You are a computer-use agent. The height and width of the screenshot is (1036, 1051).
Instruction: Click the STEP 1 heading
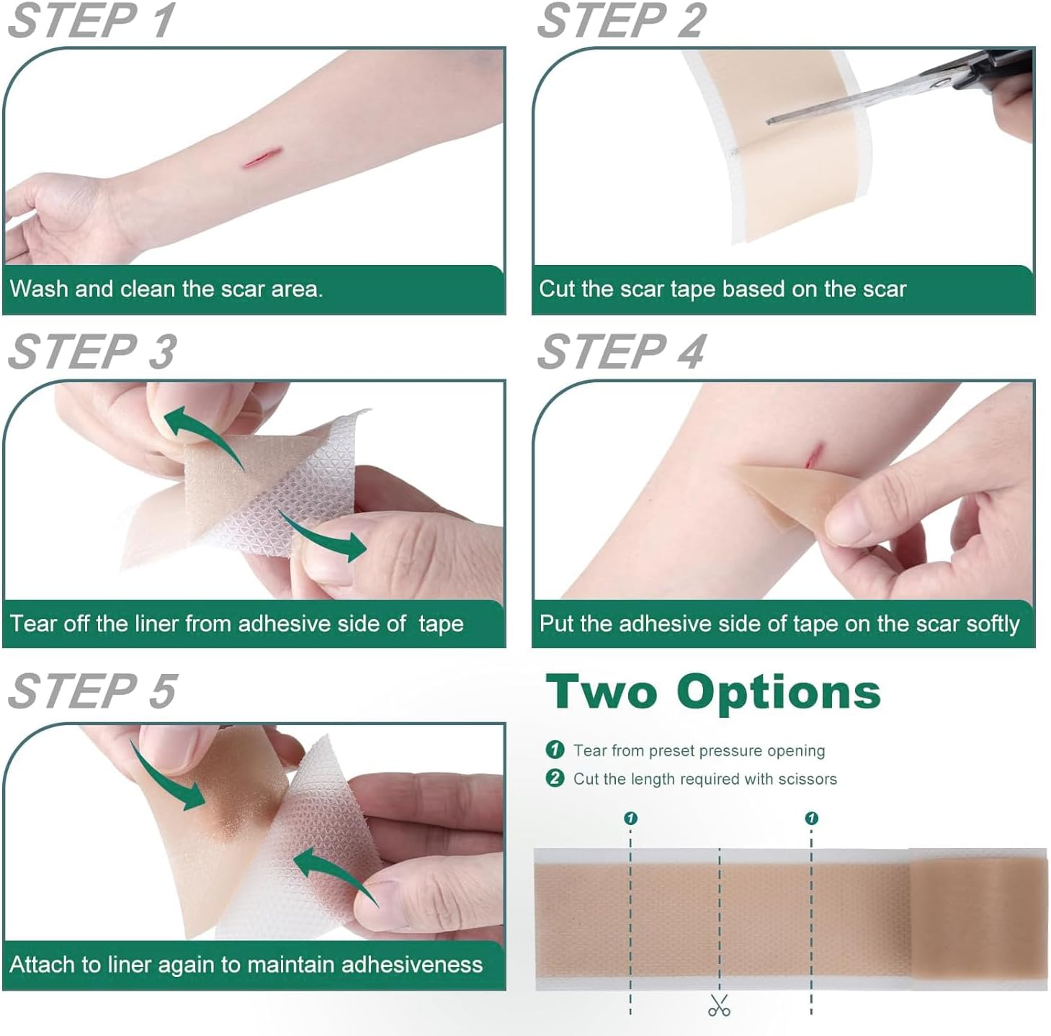pyautogui.click(x=91, y=21)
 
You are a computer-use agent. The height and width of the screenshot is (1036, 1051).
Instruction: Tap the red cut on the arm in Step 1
pyautogui.click(x=261, y=158)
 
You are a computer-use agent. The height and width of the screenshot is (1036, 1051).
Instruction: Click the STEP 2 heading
pyautogui.click(x=621, y=21)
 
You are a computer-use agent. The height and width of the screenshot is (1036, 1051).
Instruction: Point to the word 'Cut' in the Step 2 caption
pyautogui.click(x=557, y=289)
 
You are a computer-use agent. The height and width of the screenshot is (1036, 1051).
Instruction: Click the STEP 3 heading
pyautogui.click(x=91, y=352)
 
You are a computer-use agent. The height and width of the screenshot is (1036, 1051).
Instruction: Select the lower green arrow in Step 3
pyautogui.click(x=323, y=536)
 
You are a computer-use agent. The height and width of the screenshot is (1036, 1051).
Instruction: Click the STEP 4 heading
pyautogui.click(x=621, y=352)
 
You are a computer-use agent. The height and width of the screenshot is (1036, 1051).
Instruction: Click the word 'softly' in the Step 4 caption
pyautogui.click(x=993, y=623)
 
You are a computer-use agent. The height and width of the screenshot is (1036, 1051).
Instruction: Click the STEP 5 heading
pyautogui.click(x=91, y=692)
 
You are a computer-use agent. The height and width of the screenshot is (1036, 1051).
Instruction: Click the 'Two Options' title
pyautogui.click(x=713, y=693)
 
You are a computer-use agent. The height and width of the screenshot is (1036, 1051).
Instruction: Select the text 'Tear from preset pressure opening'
pyautogui.click(x=699, y=750)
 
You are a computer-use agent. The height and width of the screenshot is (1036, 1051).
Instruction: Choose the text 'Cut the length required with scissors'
pyautogui.click(x=705, y=779)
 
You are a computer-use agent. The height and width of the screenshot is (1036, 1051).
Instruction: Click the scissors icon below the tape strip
pyautogui.click(x=719, y=1005)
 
